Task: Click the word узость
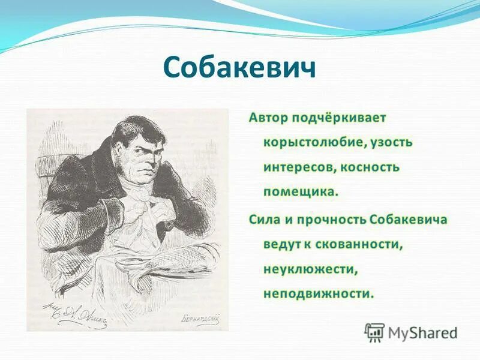click(391, 143)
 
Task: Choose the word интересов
click(298, 167)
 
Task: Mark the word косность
click(370, 167)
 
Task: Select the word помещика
click(301, 193)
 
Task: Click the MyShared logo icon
click(374, 332)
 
